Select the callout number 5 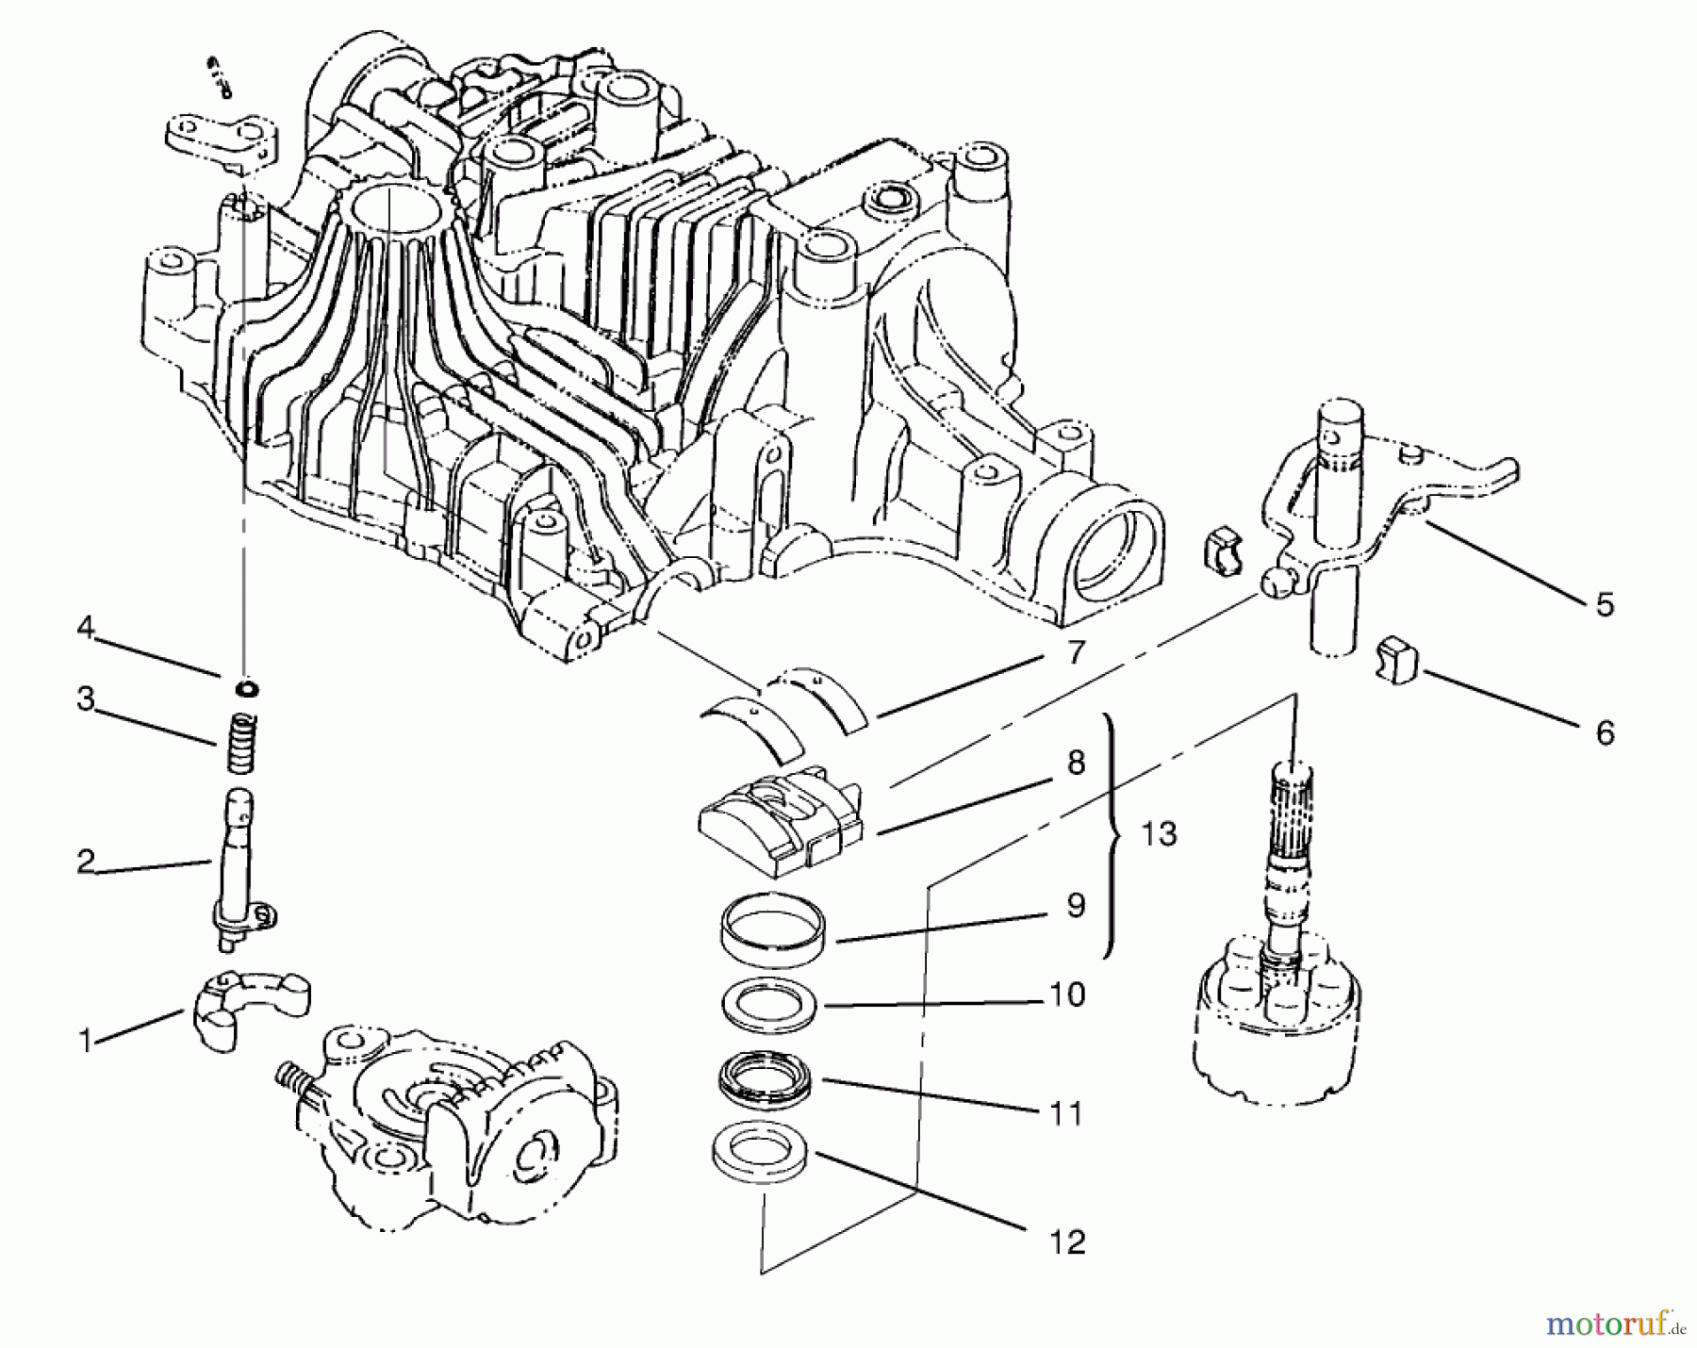tap(1605, 604)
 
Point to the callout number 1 tap(87, 1043)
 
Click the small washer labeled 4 tap(248, 688)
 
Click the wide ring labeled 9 tap(773, 933)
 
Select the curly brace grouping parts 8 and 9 tap(1115, 835)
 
